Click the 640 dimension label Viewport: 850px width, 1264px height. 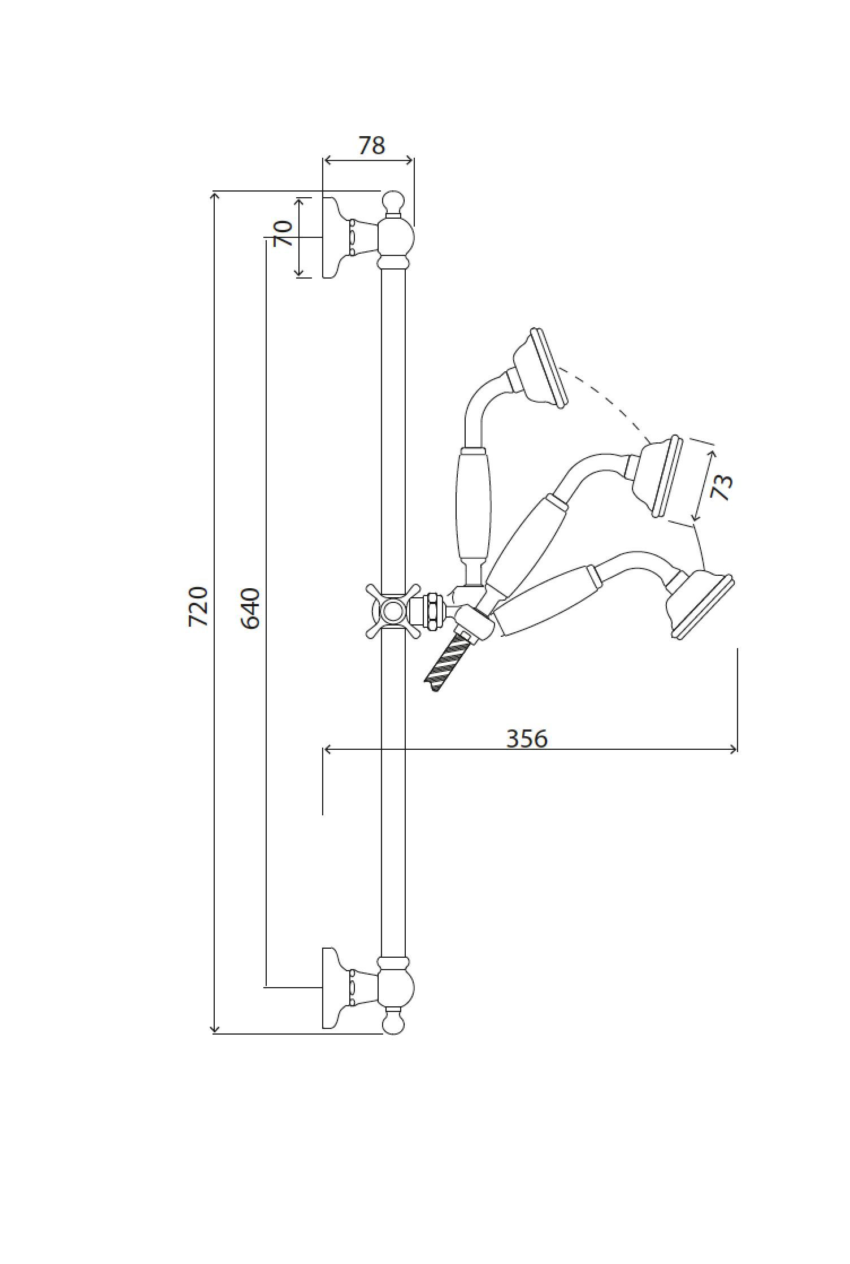tap(250, 609)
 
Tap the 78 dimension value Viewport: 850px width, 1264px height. tap(372, 145)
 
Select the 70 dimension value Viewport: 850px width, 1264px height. tap(283, 233)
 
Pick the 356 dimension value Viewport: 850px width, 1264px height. tap(527, 739)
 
